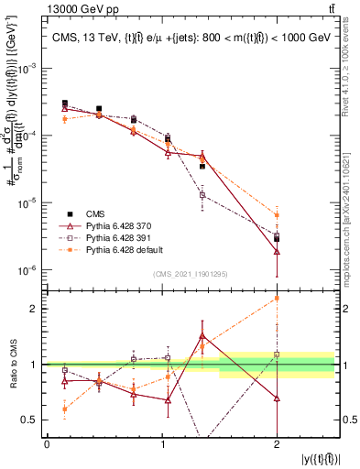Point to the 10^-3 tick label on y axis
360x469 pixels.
click(x=29, y=68)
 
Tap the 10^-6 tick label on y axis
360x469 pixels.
click(x=29, y=270)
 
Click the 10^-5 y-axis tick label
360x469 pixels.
click(x=29, y=202)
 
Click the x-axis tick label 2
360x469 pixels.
click(x=277, y=444)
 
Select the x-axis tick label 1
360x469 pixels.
click(x=162, y=444)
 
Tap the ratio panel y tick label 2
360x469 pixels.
click(x=35, y=309)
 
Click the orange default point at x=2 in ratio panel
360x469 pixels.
click(x=277, y=298)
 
